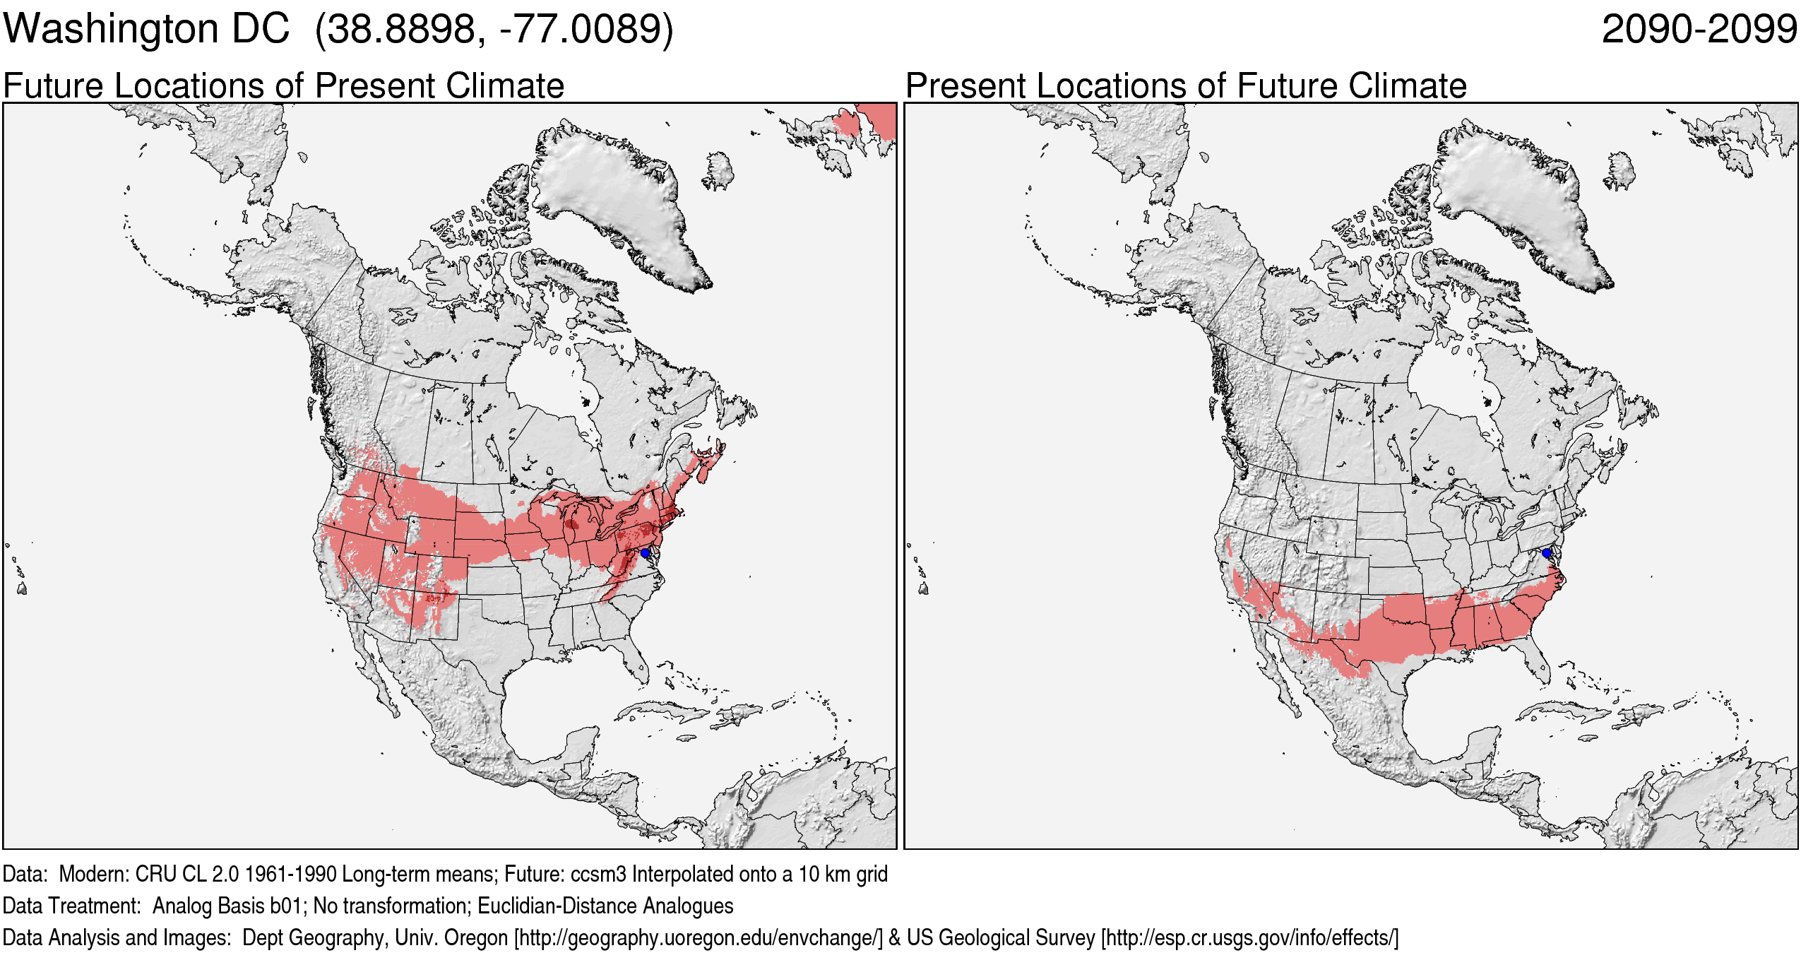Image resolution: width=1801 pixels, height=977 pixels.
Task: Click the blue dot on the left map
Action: tap(645, 552)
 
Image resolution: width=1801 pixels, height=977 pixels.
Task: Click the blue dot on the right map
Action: tap(1547, 552)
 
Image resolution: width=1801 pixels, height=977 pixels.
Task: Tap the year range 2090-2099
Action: tap(1699, 30)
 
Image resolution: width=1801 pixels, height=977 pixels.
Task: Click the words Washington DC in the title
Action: tap(146, 30)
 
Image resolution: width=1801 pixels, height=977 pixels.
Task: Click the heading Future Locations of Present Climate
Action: tap(283, 86)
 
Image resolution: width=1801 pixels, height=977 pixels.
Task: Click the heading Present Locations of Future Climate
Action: tap(1186, 86)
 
